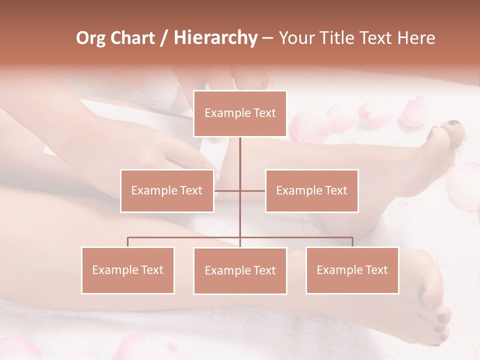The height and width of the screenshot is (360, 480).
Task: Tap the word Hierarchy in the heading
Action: (x=215, y=38)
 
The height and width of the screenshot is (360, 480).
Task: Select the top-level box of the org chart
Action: (x=240, y=113)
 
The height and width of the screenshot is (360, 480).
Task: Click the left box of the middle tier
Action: (x=167, y=190)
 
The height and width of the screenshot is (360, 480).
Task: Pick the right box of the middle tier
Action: (x=311, y=190)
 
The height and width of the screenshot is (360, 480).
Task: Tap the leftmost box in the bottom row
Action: (x=127, y=270)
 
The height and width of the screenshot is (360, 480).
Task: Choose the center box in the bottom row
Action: (x=240, y=270)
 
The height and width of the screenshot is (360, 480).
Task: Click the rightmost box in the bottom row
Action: (x=352, y=270)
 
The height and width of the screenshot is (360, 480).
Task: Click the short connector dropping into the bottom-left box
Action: (x=127, y=242)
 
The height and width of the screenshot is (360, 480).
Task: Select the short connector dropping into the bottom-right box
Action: (x=352, y=242)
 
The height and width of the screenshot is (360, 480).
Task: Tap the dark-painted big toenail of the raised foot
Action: (x=454, y=123)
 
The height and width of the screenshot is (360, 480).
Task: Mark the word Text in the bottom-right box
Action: (x=376, y=270)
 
